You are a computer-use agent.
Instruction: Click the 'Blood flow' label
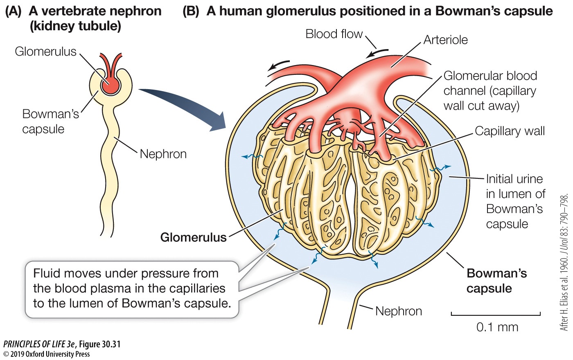pos(334,34)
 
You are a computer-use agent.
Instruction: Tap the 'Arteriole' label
pos(445,40)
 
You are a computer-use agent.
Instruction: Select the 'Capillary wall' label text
pos(510,131)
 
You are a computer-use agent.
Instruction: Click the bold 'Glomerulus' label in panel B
pos(193,237)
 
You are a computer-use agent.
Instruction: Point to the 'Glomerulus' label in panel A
pos(45,52)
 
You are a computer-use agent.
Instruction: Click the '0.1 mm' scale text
pos(497,327)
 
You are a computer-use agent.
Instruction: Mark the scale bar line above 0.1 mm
pos(496,315)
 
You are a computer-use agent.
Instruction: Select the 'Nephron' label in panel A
pos(163,154)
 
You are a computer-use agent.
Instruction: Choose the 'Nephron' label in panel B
pos(398,311)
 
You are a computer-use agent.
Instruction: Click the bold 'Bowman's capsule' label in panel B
pos(496,281)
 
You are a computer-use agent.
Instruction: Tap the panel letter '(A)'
pos(13,11)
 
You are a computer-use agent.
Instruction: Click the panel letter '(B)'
pos(191,11)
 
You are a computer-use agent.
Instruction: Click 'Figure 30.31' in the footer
pos(100,344)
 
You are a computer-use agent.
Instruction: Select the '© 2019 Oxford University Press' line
pos(47,354)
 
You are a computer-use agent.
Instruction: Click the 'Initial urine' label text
pos(514,179)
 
